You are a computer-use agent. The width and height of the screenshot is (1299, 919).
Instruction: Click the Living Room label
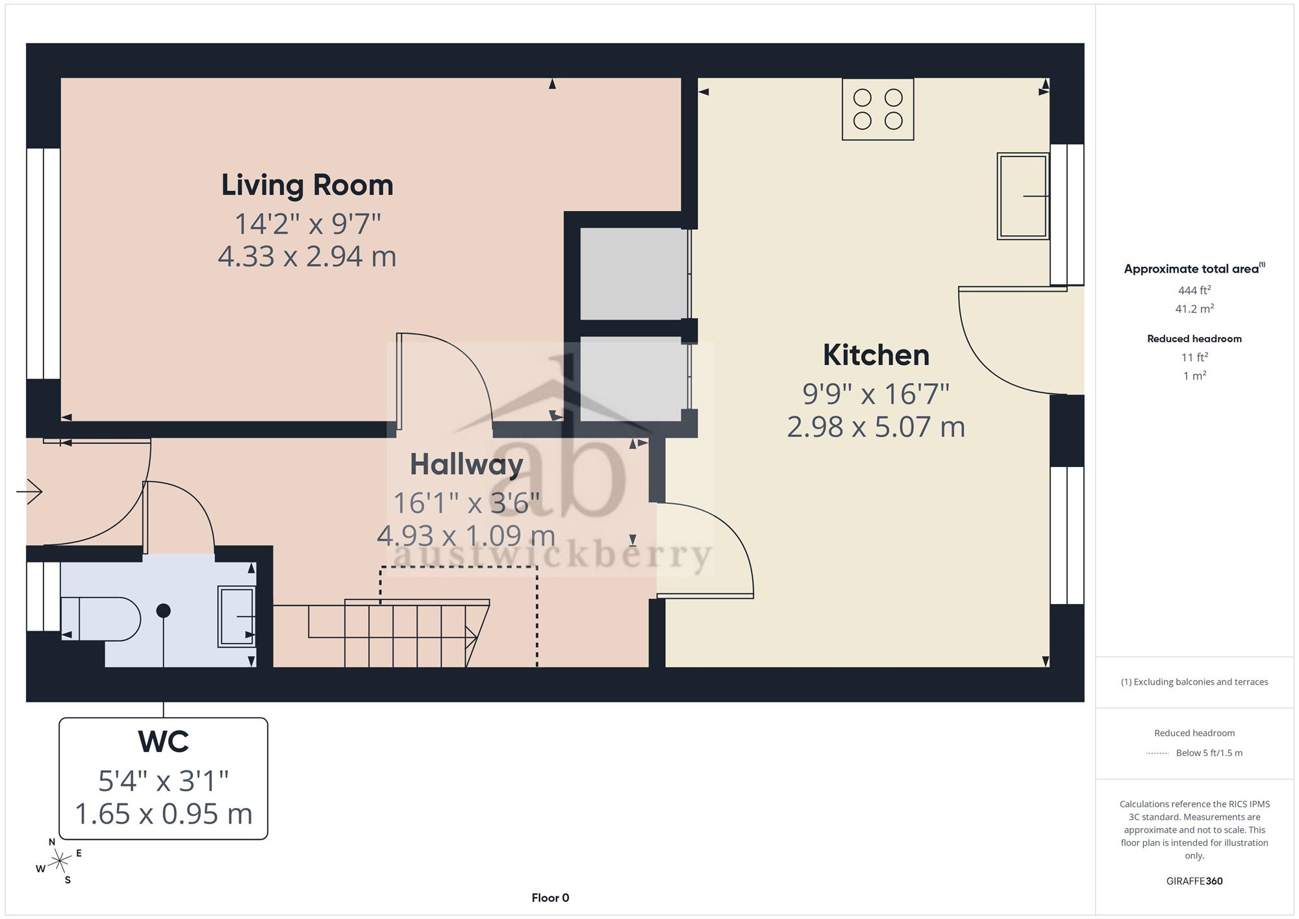[307, 185]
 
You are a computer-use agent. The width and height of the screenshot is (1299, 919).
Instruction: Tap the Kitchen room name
[876, 355]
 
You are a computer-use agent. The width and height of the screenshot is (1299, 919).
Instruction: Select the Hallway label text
[466, 464]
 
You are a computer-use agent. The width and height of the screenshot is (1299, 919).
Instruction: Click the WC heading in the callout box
[164, 741]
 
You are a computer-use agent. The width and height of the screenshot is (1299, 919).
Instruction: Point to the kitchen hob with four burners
[878, 109]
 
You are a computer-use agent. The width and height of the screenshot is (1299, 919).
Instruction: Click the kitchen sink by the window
[1023, 196]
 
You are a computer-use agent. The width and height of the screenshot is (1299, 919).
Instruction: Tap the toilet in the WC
[101, 619]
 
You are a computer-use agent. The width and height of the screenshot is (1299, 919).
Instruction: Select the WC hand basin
[236, 616]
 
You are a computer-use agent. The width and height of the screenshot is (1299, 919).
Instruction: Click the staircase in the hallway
[399, 633]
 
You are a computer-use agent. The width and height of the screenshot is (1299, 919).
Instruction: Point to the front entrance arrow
[29, 492]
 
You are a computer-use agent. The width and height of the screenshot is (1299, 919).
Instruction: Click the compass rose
[59, 861]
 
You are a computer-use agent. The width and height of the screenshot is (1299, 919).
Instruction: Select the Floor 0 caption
[550, 898]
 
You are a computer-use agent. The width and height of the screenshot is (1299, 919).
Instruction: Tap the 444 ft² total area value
[1194, 290]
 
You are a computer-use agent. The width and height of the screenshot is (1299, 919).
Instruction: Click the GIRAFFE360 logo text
[1194, 881]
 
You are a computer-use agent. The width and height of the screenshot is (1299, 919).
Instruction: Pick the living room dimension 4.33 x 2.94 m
[307, 257]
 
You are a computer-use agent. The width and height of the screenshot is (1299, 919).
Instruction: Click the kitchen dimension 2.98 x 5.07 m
[876, 427]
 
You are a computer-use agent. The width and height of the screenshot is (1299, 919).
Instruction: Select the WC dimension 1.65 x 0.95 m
[164, 814]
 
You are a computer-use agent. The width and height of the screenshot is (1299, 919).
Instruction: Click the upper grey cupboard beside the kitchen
[633, 273]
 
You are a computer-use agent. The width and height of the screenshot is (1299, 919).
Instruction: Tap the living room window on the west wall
[44, 264]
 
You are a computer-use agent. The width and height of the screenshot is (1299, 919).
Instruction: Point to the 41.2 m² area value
[1194, 308]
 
